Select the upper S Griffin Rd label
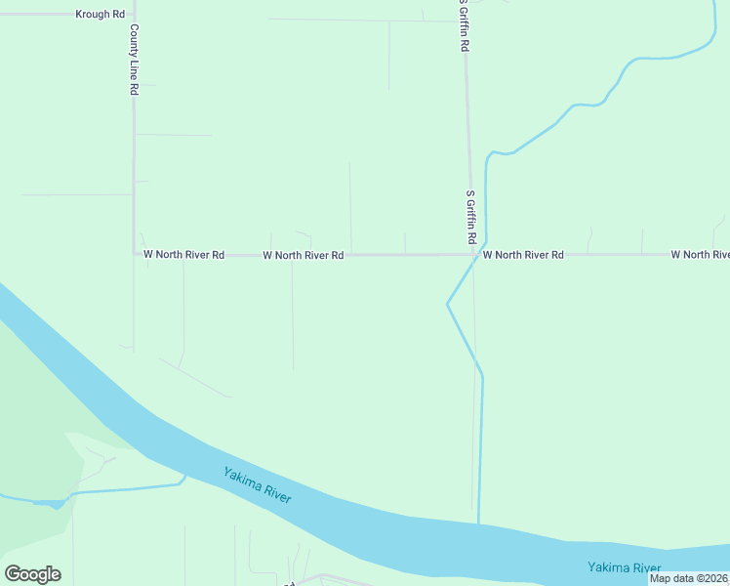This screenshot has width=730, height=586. pos(466,27)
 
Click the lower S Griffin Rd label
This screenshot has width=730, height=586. pos(470,217)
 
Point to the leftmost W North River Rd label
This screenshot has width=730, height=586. pos(184,255)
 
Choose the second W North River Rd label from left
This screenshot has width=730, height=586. pos(304,256)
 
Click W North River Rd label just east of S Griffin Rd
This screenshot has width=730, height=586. pos(523,255)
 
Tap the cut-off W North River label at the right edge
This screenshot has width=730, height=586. pos(700,255)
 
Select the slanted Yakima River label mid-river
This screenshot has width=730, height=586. pos(258,485)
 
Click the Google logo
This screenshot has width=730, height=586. pos(33,574)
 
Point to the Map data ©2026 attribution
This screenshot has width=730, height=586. pos(688,578)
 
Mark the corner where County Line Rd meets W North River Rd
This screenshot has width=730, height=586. pos(135,254)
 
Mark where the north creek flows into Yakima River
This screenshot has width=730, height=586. pos(479,524)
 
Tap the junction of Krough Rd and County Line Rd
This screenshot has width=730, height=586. pos(134,15)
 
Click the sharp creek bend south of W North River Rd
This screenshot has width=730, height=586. pos(447,304)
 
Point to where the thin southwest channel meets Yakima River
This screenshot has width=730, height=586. pos(184,477)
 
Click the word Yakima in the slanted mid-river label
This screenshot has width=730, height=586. pos(241,479)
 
